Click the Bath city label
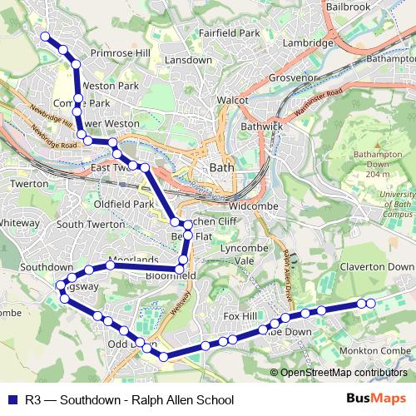(222, 167)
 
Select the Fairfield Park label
(230, 33)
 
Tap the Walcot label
(233, 100)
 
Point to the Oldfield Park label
(125, 204)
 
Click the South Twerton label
(91, 225)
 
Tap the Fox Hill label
(243, 316)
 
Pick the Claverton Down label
(376, 267)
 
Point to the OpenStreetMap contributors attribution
(338, 373)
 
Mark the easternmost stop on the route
(371, 304)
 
